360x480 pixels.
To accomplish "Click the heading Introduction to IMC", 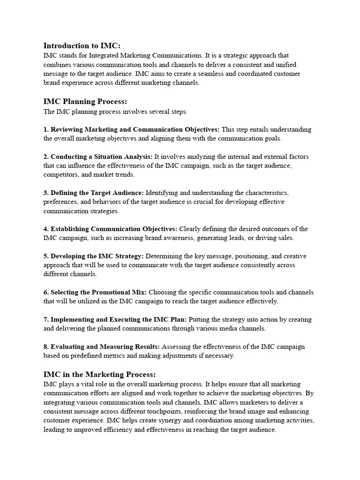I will point(82,45).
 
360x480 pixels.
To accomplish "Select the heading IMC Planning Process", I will point(85,102).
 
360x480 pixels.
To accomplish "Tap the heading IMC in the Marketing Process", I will point(99,375).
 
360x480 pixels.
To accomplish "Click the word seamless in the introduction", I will point(205,74).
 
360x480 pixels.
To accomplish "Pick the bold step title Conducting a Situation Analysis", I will point(101,157).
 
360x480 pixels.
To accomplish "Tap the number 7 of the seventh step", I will point(45,320).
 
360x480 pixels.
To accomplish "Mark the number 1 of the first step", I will point(45,129).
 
